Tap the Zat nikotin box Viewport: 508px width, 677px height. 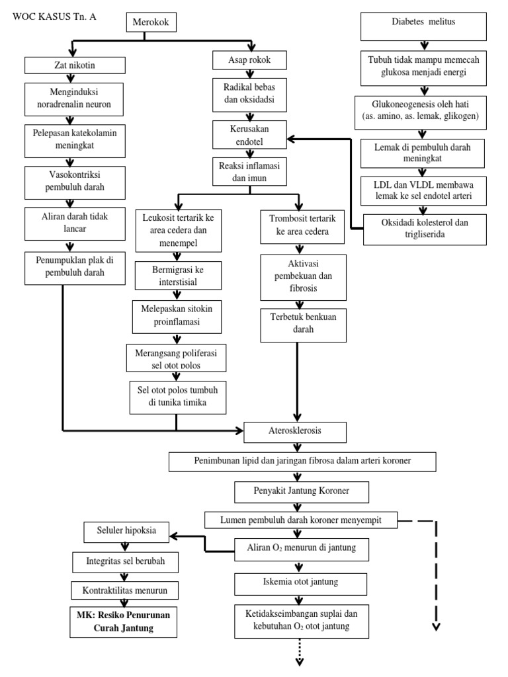(74, 65)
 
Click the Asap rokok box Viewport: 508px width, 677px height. (250, 61)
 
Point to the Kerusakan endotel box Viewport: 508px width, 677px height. (249, 134)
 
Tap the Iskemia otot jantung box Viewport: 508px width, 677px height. (301, 582)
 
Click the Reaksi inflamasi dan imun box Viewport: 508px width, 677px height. (249, 171)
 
